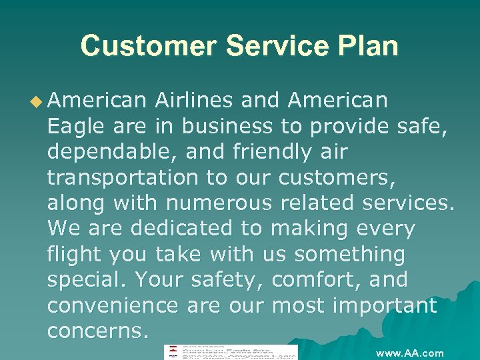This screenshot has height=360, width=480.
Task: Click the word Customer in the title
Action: pos(149,47)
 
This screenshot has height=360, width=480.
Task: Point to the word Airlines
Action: pos(193,101)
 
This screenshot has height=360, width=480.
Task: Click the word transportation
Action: pos(123,177)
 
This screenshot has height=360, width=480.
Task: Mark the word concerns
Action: pos(97,331)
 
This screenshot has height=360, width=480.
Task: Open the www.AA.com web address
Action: pos(409,353)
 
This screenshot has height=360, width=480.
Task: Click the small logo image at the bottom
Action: pos(231,353)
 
